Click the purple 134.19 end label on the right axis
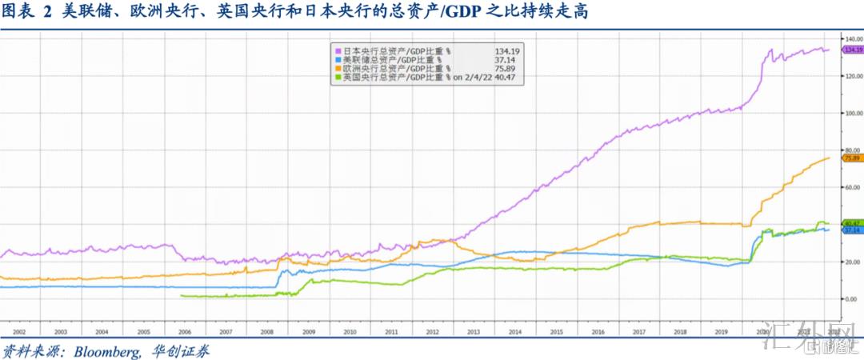point(852,50)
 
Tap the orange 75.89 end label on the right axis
point(852,158)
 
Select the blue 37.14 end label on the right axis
point(852,230)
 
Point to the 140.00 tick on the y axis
point(852,38)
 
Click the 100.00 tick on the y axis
point(852,113)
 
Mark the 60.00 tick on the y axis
point(852,187)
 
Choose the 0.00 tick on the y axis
point(852,298)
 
